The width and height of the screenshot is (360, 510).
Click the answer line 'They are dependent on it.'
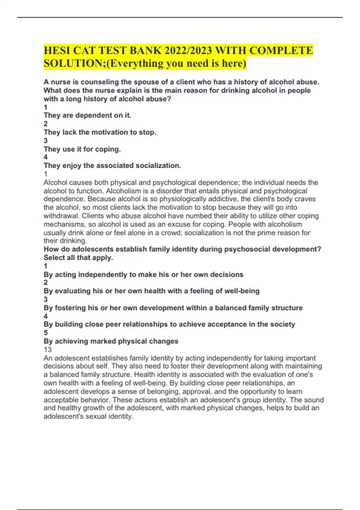coord(87,115)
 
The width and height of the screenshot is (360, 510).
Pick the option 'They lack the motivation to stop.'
coord(100,132)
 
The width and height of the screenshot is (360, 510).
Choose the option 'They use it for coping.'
coord(82,149)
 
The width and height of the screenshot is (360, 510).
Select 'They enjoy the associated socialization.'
coord(112,166)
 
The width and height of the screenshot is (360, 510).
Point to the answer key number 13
coord(47,349)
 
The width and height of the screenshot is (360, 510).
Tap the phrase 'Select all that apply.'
coord(78,258)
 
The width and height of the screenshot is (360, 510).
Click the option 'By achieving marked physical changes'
coord(111,341)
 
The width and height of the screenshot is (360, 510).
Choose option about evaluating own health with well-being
coord(151,291)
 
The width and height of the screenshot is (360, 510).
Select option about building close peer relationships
coord(169,324)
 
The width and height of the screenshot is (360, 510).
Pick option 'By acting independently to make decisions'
coord(143,274)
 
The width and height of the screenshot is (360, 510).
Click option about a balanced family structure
coord(173,308)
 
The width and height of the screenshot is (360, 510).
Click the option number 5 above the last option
coord(46,333)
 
